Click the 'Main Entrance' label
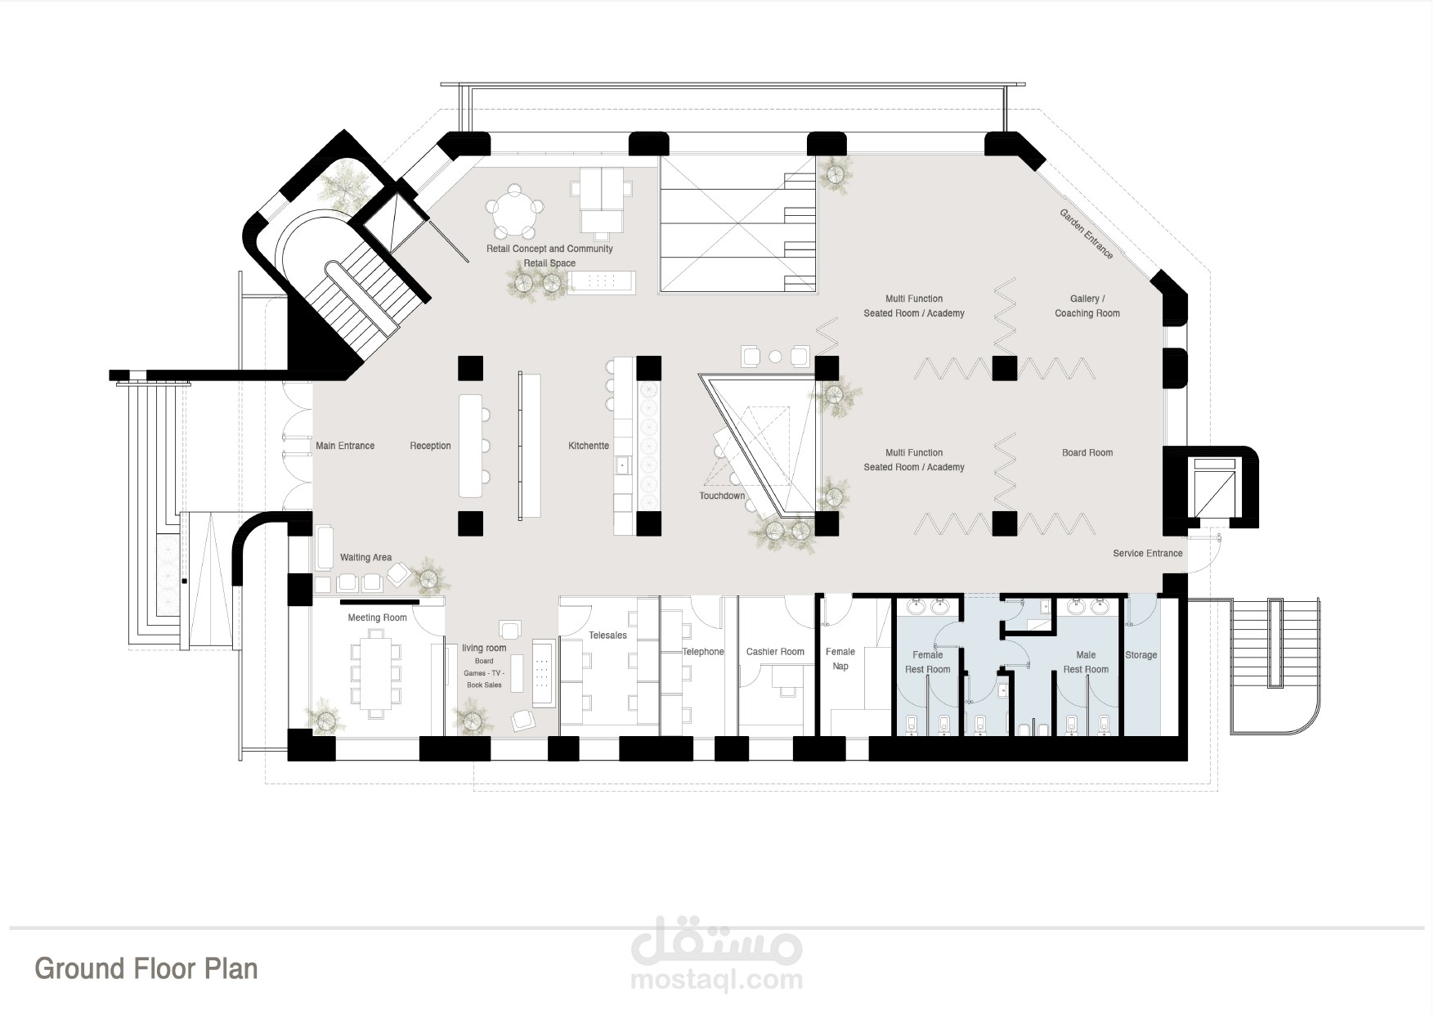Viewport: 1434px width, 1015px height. coord(345,446)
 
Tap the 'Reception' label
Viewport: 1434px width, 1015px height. coord(430,446)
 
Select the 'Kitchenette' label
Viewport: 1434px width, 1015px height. coord(589,446)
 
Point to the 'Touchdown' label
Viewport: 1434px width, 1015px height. coord(722,496)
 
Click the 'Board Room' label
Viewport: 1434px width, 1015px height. coord(1087,452)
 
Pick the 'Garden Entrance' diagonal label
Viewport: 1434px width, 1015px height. coord(1087,234)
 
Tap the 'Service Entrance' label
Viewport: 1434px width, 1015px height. coord(1148,553)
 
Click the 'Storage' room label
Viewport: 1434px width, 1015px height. coord(1140,655)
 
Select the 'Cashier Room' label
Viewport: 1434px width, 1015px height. coord(775,652)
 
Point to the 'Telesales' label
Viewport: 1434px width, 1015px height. coord(607,635)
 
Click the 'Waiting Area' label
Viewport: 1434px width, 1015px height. coord(365,558)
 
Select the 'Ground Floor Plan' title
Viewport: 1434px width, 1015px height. coord(146,968)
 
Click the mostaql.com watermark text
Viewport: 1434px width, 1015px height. coord(717,980)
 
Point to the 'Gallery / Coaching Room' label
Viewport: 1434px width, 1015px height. coord(1087,306)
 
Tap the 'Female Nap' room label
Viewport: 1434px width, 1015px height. coord(840,658)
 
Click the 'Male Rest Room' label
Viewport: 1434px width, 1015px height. coord(1086,662)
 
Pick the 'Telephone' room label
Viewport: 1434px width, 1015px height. coord(704,652)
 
